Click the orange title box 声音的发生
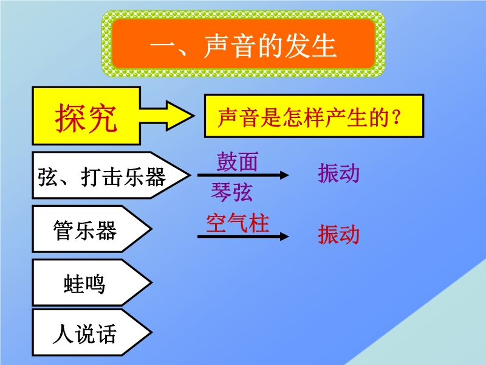click(x=244, y=44)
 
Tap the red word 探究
click(x=86, y=118)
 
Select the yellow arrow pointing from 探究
click(x=166, y=116)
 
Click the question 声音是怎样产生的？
click(x=309, y=117)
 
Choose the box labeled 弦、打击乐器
click(x=111, y=175)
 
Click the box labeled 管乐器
click(x=92, y=229)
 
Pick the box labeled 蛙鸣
click(x=92, y=282)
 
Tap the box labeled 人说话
click(x=92, y=332)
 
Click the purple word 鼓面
click(x=237, y=162)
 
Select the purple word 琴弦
click(x=231, y=192)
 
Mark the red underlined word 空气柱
click(x=238, y=223)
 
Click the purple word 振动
click(x=338, y=173)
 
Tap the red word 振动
click(x=338, y=234)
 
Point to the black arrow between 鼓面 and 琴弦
click(x=243, y=175)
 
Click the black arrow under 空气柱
click(x=243, y=237)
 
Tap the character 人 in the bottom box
click(x=64, y=333)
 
